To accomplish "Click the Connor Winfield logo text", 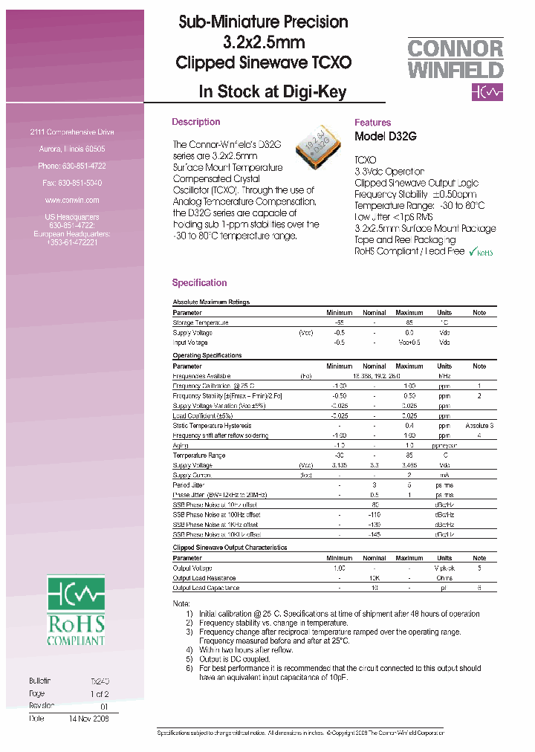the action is [x=455, y=59].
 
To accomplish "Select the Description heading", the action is [x=195, y=122].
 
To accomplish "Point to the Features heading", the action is [x=372, y=123].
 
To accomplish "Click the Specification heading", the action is [x=199, y=282].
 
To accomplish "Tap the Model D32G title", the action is [x=386, y=136].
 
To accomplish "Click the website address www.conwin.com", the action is [x=71, y=200].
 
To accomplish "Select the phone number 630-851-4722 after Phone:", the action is [x=82, y=166].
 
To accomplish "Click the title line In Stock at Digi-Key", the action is [x=273, y=92].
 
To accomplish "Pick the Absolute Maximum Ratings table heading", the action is [x=211, y=302].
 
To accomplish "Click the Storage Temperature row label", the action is [x=201, y=322].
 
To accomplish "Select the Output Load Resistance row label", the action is [x=204, y=578].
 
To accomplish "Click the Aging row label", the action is [x=181, y=445].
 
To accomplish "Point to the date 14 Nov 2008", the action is [x=88, y=719].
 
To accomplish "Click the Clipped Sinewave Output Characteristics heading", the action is [x=230, y=548].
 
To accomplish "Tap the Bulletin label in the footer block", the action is [x=39, y=681].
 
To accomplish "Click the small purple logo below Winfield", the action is [x=487, y=92].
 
